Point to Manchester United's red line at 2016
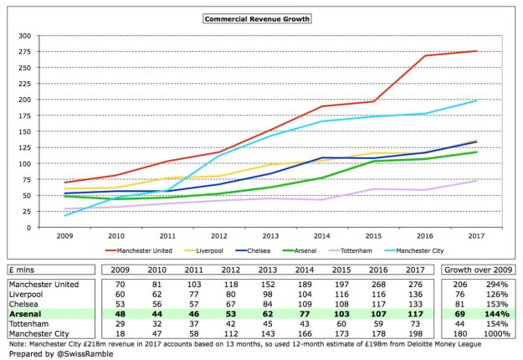(423, 56)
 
